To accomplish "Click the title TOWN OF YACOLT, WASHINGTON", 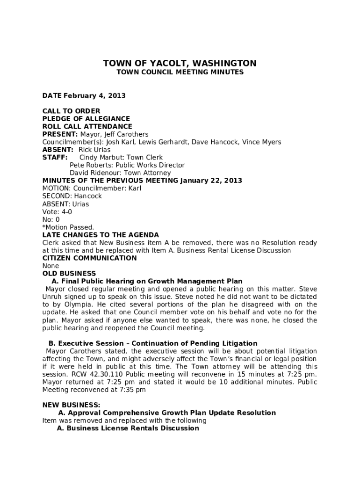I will tap(180, 64).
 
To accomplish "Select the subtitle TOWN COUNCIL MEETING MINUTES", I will tap(180, 73).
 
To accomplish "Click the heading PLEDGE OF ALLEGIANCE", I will tap(86, 119).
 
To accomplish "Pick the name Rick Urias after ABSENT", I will tap(94, 150).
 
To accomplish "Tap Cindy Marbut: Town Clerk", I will tap(121, 158).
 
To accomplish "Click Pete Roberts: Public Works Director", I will tap(127, 165).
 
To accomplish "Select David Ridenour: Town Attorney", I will tap(120, 173).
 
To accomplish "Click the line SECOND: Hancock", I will tap(72, 196).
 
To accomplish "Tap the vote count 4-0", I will tap(66, 212).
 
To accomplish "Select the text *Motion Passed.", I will tap(68, 227).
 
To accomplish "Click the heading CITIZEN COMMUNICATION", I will tap(90, 258).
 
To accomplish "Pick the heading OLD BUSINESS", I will tap(69, 274).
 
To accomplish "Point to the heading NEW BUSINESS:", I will tap(71, 405).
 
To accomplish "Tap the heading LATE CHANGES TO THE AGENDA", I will tap(101, 235).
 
